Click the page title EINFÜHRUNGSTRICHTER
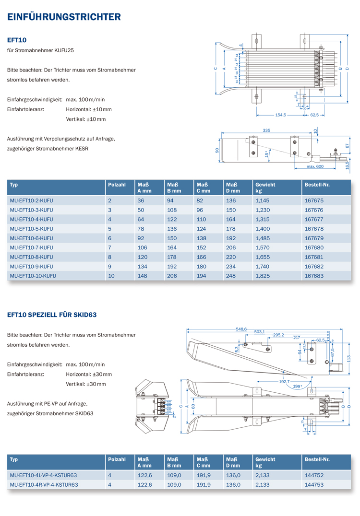tap(64, 17)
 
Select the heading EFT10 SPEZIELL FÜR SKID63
tap(52, 315)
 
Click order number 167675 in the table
tap(314, 200)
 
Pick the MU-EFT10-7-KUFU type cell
tap(31, 247)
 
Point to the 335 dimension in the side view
tap(266, 130)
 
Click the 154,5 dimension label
tap(281, 115)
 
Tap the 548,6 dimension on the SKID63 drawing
tap(241, 329)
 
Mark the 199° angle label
tap(297, 386)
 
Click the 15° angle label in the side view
tap(266, 154)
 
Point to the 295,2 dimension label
tap(278, 335)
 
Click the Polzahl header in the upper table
tap(117, 185)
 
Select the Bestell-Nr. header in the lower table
tap(317, 459)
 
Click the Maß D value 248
tap(231, 276)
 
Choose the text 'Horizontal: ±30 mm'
tap(89, 374)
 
